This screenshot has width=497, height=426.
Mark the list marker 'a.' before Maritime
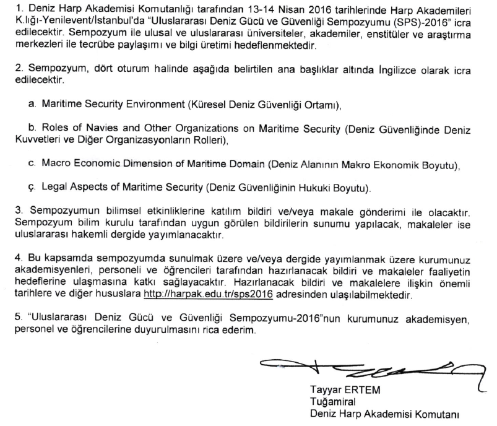click(x=32, y=105)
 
